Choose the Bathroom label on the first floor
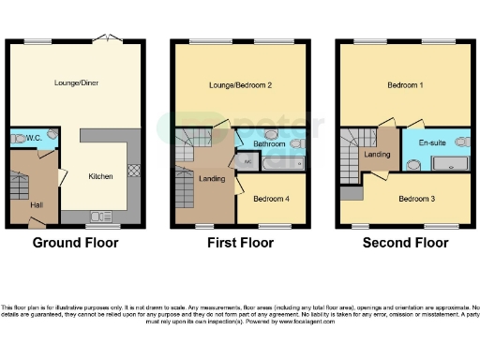point(270,143)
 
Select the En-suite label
point(432,143)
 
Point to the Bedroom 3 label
point(415,199)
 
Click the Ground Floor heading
point(75,243)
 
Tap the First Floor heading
point(240,243)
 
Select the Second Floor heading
point(406,243)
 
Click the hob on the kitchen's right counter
point(132,171)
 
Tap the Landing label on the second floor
point(377,155)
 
